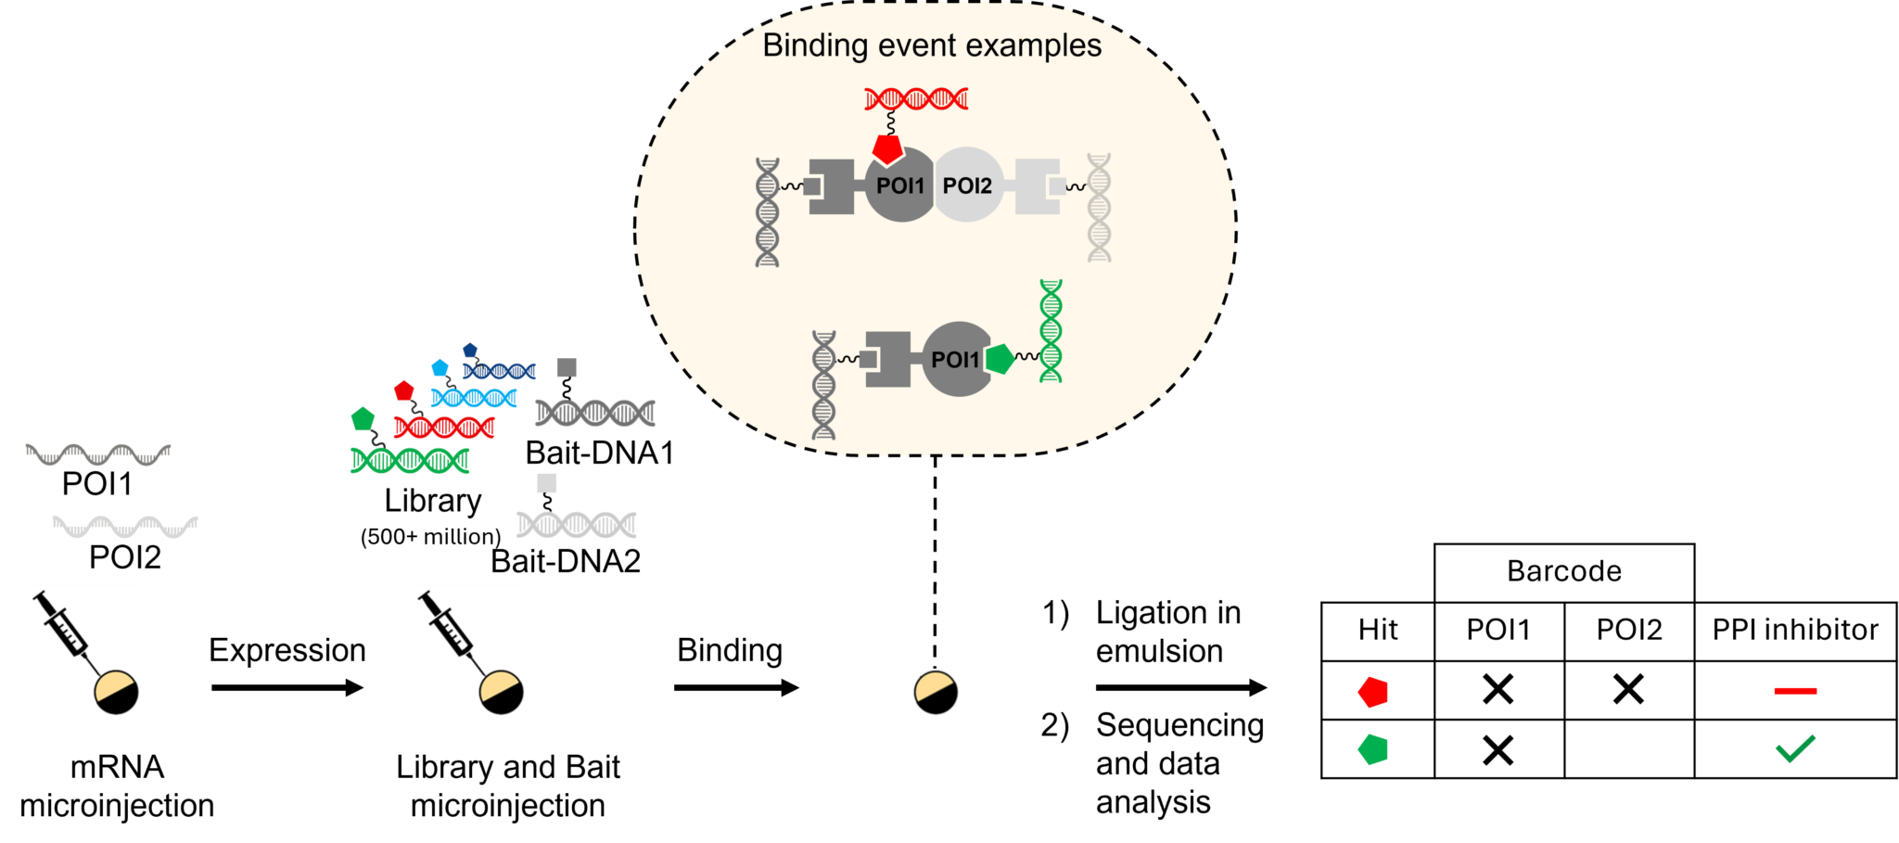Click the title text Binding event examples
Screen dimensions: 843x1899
[931, 45]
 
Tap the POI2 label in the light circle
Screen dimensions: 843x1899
[967, 185]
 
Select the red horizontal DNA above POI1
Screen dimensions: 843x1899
[916, 98]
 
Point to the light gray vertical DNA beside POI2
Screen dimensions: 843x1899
[1099, 208]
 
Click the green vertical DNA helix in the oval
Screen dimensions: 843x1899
[1051, 331]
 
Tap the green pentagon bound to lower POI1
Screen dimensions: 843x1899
[999, 359]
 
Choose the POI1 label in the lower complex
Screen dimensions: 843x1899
[954, 360]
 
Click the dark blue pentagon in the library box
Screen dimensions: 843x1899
[470, 351]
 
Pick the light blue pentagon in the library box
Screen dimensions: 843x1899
[440, 368]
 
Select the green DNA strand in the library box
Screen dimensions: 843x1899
[410, 460]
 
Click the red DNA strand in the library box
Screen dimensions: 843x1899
[444, 428]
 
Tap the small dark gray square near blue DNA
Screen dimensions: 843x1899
[567, 368]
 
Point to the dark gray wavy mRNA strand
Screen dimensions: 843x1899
[98, 455]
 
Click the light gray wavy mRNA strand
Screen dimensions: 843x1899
[125, 528]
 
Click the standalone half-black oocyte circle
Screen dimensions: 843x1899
[936, 695]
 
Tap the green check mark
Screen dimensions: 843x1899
[1795, 748]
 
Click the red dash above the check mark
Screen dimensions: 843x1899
[1795, 691]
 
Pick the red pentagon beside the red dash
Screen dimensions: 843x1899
[1373, 692]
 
